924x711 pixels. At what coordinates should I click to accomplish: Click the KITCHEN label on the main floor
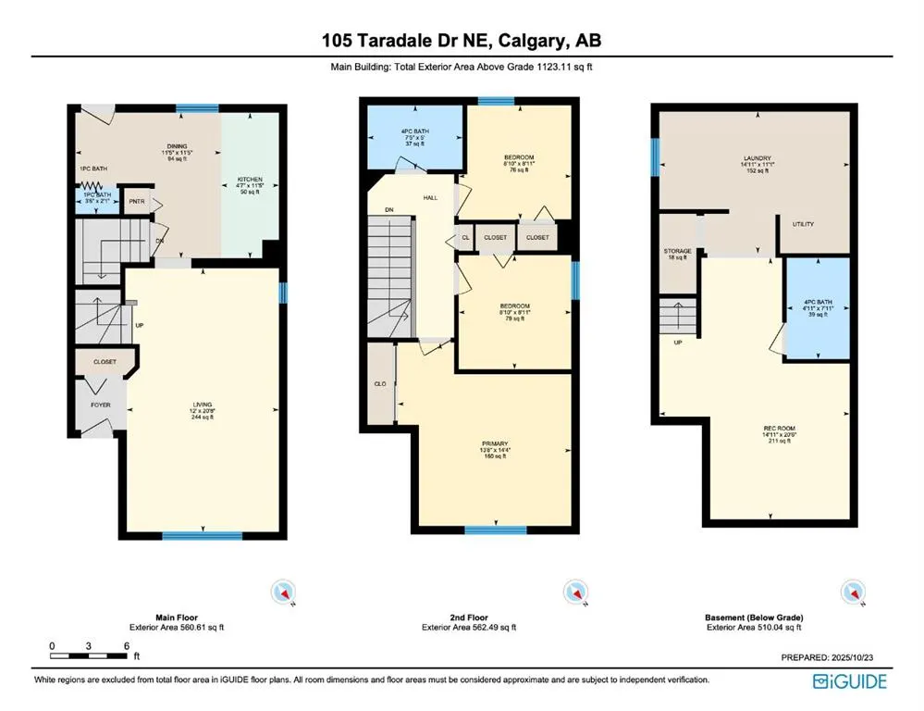point(250,180)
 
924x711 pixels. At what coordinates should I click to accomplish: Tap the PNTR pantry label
point(137,201)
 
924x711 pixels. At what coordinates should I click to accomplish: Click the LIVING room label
point(203,405)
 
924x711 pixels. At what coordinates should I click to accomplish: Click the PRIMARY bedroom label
point(495,443)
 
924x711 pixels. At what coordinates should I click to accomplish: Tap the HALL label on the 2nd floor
point(430,197)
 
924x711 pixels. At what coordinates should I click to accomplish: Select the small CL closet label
point(465,237)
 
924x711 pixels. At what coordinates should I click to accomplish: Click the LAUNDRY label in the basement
point(758,158)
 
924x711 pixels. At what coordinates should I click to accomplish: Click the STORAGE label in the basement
point(678,251)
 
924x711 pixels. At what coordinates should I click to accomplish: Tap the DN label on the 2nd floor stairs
point(390,210)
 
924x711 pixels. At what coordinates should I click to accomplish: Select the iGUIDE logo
point(850,682)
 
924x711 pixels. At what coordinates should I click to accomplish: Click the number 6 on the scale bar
point(125,645)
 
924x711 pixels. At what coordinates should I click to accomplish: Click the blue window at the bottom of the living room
point(203,535)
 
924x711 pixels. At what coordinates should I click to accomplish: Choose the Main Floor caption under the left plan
point(177,617)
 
